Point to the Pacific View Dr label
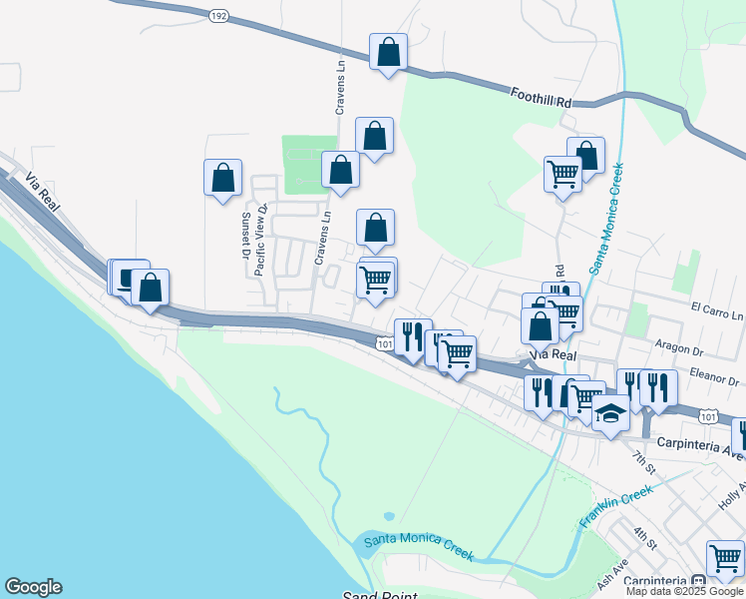coord(261,240)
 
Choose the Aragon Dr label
coord(681,347)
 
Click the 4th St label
coord(645,540)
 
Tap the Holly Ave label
coord(731,499)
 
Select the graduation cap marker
coord(610,412)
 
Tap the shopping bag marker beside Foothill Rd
coord(388,52)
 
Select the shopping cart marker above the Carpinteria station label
coord(725,557)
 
